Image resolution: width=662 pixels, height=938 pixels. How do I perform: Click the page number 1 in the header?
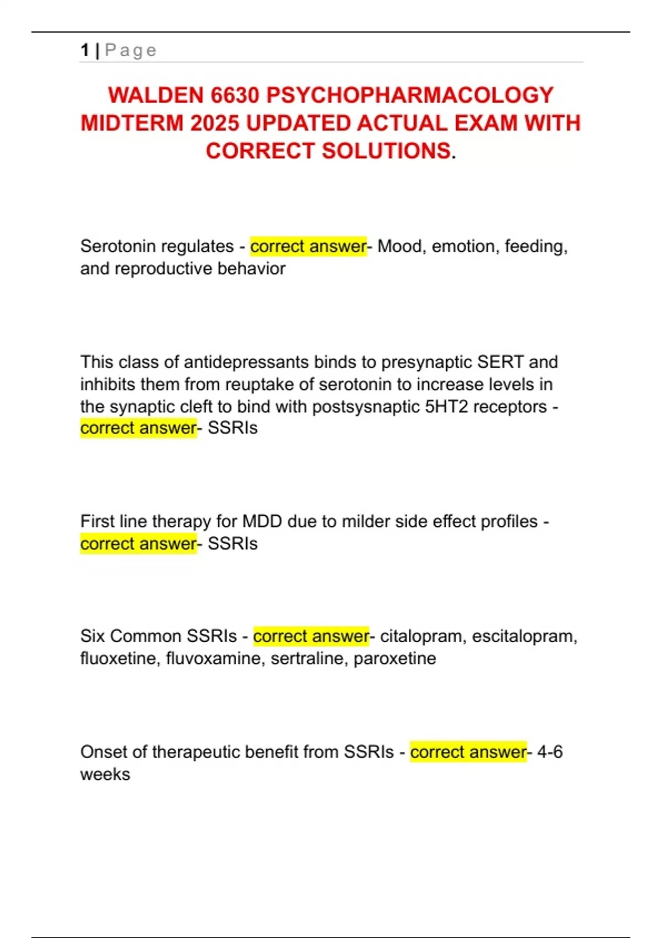[x=84, y=50]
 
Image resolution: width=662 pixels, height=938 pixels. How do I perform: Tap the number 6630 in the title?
[x=235, y=95]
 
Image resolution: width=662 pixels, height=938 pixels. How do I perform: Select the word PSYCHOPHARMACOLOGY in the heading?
[x=410, y=95]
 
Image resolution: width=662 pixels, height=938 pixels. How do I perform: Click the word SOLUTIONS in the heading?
[x=386, y=151]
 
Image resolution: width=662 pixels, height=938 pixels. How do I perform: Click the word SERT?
[x=500, y=362]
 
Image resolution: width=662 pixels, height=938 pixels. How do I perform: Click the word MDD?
[x=262, y=521]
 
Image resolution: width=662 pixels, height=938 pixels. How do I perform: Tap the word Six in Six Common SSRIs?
[x=92, y=636]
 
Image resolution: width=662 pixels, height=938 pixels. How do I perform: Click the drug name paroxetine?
[x=394, y=659]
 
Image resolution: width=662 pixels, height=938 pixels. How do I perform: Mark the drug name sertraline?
[x=307, y=659]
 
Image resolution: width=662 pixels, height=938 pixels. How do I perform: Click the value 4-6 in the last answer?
[x=550, y=752]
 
